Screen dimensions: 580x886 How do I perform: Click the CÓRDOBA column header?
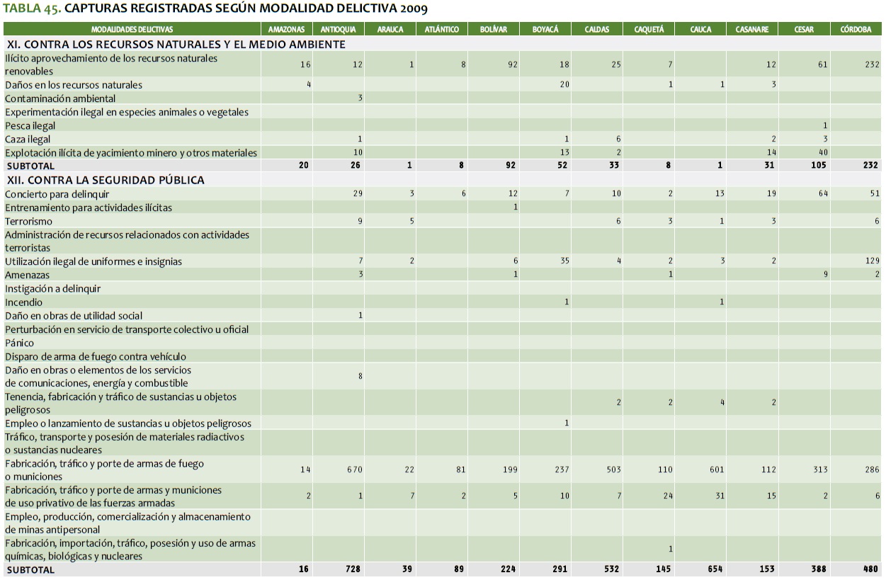(x=856, y=30)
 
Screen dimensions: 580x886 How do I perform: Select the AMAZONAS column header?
(x=286, y=30)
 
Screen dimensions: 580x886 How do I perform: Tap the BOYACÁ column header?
(x=545, y=30)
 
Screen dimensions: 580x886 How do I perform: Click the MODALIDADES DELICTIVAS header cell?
(x=132, y=30)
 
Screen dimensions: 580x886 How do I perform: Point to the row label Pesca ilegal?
(x=30, y=126)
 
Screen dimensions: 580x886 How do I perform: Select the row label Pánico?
(x=20, y=343)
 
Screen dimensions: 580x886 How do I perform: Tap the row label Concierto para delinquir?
(x=57, y=194)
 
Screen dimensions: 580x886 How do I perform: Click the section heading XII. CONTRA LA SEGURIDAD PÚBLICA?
(x=106, y=180)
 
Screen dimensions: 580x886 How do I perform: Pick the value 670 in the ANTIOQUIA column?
(x=355, y=470)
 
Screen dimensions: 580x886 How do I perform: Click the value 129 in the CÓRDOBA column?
(x=872, y=262)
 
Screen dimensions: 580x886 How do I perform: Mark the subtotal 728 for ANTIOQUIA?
(x=354, y=569)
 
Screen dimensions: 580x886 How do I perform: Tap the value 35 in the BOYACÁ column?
(x=564, y=262)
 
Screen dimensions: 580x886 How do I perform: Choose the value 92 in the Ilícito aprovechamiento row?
(x=512, y=64)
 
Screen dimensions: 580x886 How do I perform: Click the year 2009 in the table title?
(x=412, y=9)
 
